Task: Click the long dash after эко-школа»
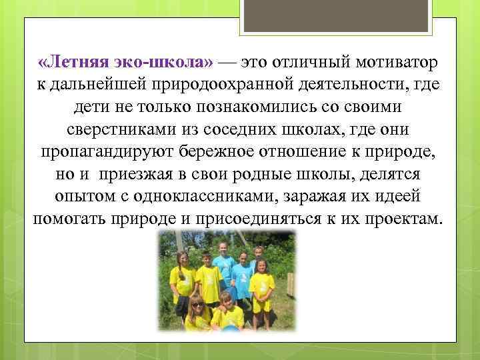pyautogui.click(x=227, y=63)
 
